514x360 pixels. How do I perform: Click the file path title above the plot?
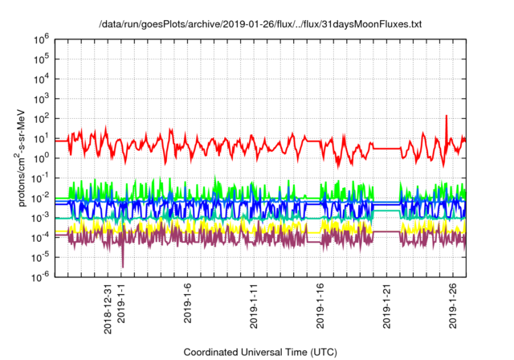[259, 24]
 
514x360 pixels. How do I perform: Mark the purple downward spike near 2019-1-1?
[123, 264]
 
